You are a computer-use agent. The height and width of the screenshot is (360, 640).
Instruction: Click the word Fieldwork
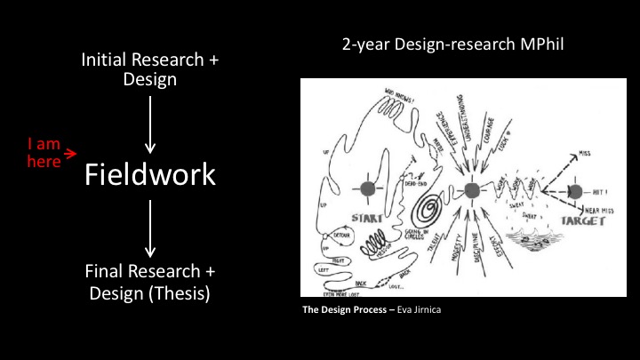[x=149, y=174]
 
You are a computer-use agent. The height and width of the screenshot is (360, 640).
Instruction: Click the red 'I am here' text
[x=44, y=152]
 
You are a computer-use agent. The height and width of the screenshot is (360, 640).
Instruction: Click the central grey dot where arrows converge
[x=472, y=188]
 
